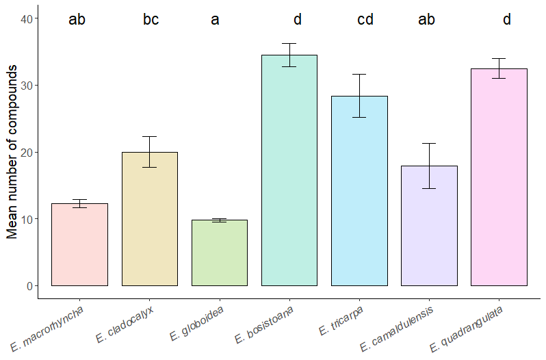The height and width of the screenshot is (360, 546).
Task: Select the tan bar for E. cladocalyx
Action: pos(150,219)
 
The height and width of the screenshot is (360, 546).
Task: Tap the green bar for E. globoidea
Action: pos(220,253)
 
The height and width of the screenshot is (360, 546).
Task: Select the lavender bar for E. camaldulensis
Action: pos(429,226)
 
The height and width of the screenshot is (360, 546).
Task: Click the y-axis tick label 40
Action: pos(25,18)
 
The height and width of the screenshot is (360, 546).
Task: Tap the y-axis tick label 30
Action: pos(25,86)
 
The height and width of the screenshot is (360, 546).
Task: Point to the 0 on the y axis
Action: pos(29,286)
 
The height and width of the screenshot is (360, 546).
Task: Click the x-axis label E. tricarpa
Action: pos(341,322)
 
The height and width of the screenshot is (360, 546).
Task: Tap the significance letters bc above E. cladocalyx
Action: pos(151,19)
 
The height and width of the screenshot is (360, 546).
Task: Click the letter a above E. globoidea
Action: pos(215,19)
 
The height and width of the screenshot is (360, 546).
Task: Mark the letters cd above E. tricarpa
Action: pos(365,19)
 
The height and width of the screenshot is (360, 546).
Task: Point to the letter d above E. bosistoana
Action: pos(298,19)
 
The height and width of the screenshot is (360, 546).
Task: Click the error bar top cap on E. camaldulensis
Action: pos(429,143)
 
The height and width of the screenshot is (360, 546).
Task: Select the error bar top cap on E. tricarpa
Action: pos(359,74)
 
